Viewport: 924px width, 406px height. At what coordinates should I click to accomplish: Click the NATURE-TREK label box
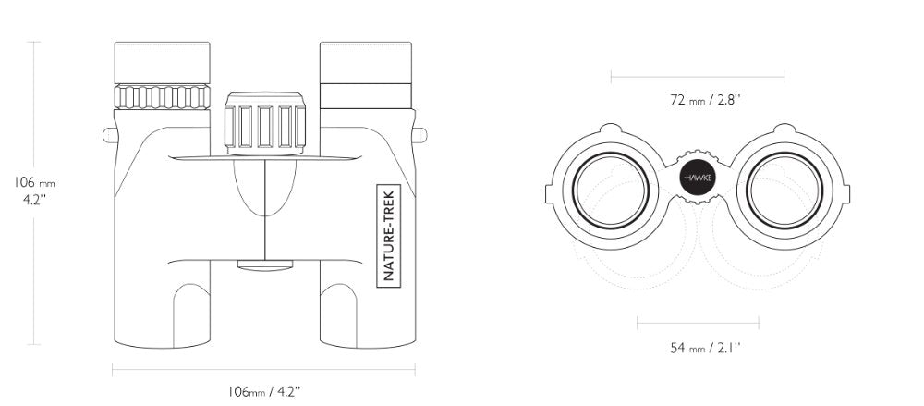388,236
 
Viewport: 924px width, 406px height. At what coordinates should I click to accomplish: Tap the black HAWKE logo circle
697,177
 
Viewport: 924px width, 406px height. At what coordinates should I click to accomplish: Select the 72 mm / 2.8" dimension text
705,99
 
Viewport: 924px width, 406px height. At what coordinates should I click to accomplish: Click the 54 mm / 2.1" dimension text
705,348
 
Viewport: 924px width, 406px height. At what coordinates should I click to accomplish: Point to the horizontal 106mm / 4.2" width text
264,390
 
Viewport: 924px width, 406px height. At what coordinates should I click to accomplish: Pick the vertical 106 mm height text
34,183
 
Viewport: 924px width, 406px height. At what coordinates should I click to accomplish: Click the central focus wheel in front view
265,123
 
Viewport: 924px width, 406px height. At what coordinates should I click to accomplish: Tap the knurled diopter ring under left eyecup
162,97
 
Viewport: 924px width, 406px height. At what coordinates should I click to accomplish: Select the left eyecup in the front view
162,63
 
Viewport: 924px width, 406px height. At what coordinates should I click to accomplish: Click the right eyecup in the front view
366,63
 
